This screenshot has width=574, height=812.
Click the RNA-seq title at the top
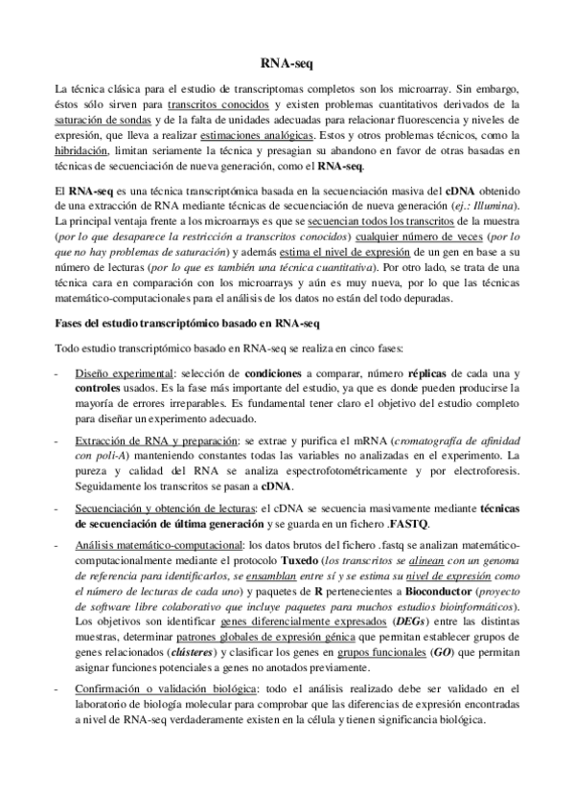point(287,61)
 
